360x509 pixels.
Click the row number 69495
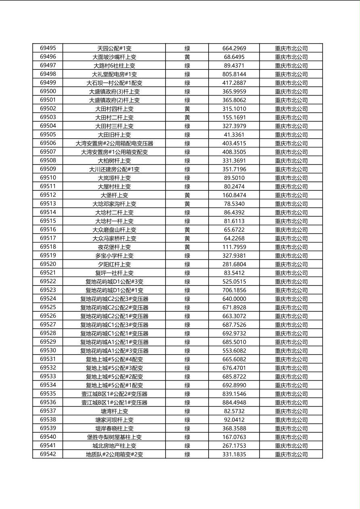[48, 48]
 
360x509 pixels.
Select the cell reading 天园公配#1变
[114, 48]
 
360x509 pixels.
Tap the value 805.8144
[234, 74]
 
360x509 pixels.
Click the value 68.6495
[234, 57]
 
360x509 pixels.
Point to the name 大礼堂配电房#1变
[114, 74]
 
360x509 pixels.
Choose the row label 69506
[48, 143]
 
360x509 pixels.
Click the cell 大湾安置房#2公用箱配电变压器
[114, 143]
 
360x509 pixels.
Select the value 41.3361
[234, 135]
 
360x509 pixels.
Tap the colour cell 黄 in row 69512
[187, 195]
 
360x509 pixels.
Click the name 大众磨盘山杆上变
[114, 229]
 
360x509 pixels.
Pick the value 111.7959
[234, 247]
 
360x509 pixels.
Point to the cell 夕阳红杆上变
[114, 264]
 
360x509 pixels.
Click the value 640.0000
[234, 299]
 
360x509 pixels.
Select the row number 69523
[48, 290]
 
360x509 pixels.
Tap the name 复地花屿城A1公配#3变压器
[114, 350]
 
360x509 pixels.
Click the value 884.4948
[234, 403]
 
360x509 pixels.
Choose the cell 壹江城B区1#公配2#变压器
[114, 394]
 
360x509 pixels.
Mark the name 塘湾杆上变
[114, 411]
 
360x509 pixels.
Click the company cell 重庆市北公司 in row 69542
[291, 454]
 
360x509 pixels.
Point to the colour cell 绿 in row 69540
[187, 437]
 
